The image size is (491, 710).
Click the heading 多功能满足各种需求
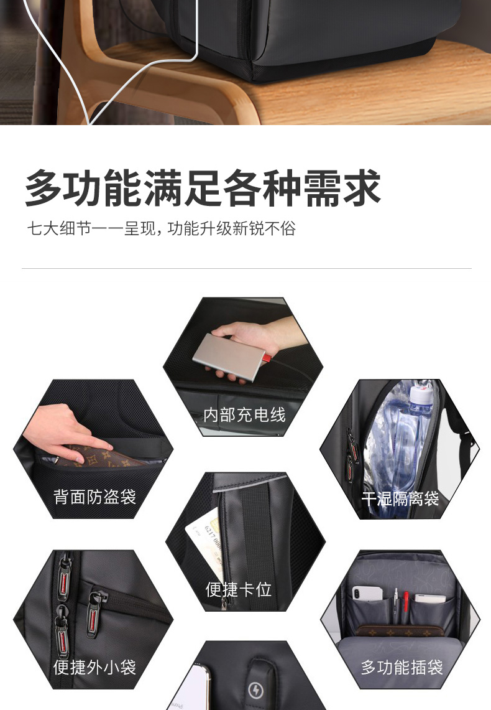(x=203, y=188)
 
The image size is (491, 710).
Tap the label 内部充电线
(x=244, y=415)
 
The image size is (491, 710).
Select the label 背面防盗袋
(x=94, y=497)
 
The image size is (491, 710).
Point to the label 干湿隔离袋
(x=400, y=499)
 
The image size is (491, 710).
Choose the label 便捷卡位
(x=238, y=589)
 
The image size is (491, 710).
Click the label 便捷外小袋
(x=94, y=667)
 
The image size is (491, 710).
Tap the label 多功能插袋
(x=402, y=668)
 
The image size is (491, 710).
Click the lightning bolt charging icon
(x=256, y=690)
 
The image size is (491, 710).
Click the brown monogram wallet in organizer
(x=400, y=631)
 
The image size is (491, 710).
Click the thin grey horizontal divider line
(x=246, y=269)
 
